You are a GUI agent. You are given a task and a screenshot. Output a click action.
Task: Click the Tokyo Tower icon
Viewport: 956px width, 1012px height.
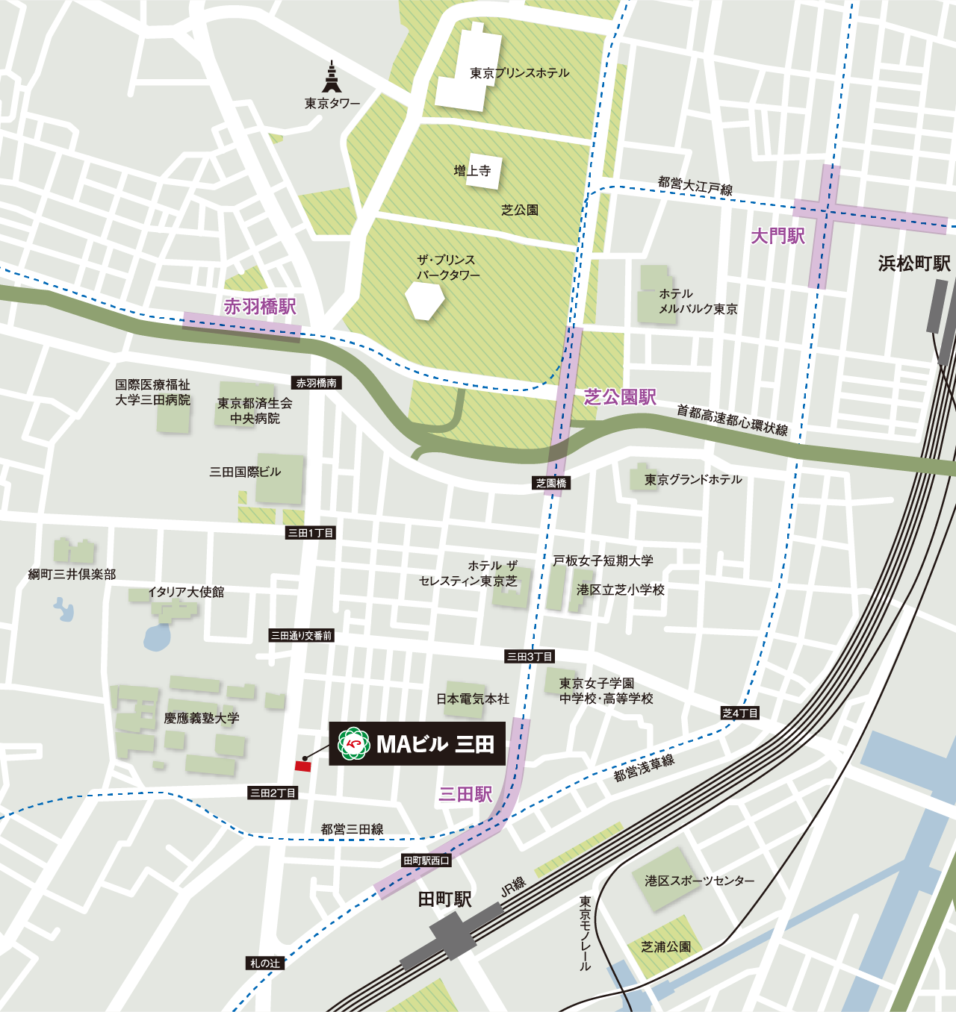(x=332, y=78)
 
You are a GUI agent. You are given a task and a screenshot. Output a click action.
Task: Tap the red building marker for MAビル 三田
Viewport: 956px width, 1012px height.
(x=302, y=766)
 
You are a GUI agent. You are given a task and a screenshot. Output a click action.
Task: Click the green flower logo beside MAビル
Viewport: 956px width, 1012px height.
(x=353, y=743)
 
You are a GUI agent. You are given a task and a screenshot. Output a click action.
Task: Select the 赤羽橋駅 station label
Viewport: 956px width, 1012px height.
(x=260, y=307)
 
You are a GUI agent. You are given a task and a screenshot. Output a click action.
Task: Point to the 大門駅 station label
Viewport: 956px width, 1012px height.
(x=777, y=237)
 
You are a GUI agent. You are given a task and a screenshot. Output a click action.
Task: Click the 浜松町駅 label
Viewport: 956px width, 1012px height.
(x=914, y=263)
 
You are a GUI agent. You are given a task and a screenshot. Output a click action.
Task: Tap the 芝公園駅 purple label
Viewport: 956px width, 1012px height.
(x=620, y=397)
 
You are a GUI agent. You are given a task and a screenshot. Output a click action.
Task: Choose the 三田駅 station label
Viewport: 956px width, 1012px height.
(x=465, y=794)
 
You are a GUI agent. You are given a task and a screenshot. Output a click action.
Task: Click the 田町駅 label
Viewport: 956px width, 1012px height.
(x=444, y=899)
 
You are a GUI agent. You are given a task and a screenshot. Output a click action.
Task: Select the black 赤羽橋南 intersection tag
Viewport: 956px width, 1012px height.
(x=316, y=383)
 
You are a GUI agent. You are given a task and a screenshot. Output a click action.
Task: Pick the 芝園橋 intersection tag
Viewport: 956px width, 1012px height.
(x=551, y=483)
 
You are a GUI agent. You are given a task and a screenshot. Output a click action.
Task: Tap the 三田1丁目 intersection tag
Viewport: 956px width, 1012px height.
(x=311, y=533)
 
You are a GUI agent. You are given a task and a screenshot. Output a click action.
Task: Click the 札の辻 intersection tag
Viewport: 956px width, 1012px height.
(x=265, y=963)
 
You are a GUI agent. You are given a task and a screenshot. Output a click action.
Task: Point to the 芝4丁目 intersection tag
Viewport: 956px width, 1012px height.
(x=740, y=713)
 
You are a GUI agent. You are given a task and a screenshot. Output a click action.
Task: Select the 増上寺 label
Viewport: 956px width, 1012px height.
(x=472, y=171)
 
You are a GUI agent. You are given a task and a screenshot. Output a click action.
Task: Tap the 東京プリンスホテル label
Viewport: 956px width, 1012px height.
(x=520, y=73)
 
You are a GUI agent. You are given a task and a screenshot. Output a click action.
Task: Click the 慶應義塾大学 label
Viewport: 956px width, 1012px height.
(x=202, y=718)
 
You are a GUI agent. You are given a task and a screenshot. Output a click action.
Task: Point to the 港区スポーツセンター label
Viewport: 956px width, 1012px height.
(x=700, y=881)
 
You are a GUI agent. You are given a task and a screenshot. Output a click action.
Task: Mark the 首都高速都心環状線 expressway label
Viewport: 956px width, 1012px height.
(x=732, y=419)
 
